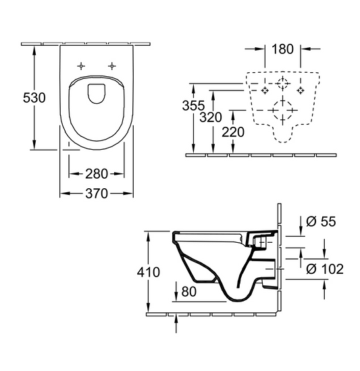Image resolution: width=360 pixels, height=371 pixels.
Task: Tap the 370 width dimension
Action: [97, 194]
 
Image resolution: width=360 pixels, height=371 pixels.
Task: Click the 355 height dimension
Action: [194, 105]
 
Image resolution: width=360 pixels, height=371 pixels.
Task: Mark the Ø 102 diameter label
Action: [325, 269]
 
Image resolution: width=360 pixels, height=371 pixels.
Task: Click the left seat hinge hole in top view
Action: [82, 65]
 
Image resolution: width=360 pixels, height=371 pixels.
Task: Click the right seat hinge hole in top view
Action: [111, 65]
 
